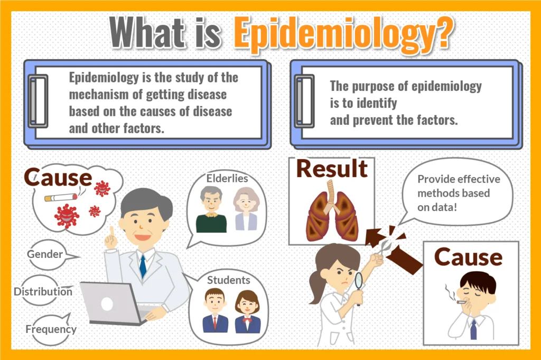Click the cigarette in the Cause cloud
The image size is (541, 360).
point(61,197)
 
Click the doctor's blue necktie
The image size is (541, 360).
point(143,266)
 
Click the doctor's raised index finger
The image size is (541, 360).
point(112,233)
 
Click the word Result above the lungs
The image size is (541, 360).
point(332,169)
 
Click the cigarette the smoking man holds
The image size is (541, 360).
point(461,302)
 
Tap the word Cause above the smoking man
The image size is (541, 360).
point(468,257)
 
